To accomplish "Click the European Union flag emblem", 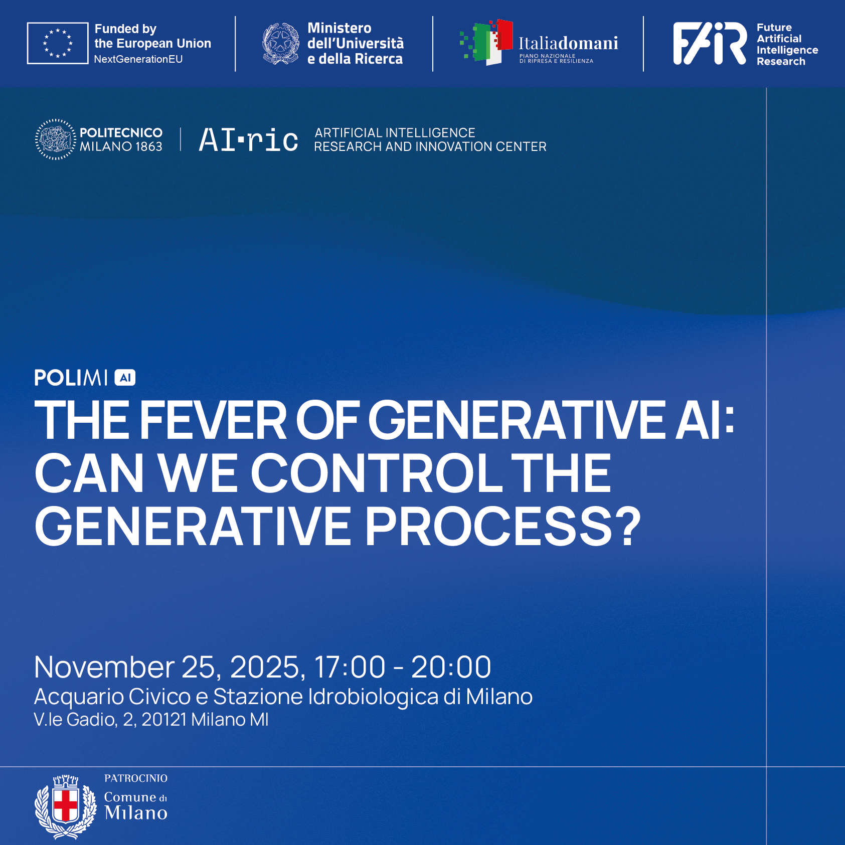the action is [58, 43].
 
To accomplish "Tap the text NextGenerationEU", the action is [138, 59].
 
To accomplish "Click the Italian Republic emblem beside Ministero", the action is [281, 44].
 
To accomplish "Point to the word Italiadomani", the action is [568, 43].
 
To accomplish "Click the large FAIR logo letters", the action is [710, 43].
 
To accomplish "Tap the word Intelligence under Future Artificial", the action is [787, 50].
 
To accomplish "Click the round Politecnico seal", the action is [56, 139].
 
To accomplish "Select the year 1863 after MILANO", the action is [149, 146].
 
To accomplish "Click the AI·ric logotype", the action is [249, 139].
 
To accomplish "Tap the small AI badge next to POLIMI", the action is [125, 378].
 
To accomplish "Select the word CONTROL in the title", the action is [377, 473].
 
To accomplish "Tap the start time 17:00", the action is [350, 667].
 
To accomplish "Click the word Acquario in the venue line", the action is [79, 697].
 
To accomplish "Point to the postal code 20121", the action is [164, 720].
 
